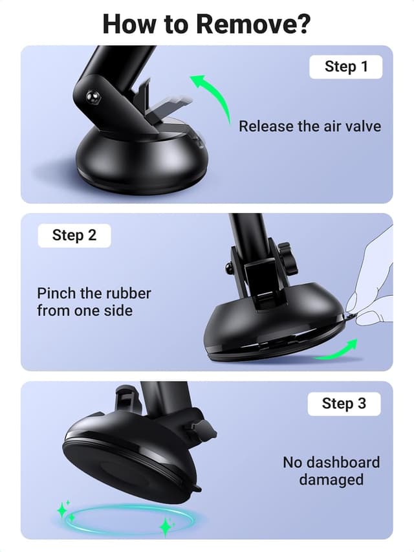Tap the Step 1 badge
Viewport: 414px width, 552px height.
[345, 67]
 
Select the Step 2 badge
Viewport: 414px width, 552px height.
[74, 235]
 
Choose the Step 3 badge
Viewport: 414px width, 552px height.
[343, 403]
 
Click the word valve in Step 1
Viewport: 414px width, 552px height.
[360, 126]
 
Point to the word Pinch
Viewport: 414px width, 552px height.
[55, 293]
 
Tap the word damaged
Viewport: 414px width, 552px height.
[331, 480]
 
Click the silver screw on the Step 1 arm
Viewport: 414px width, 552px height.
[93, 98]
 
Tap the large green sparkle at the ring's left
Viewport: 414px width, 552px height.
[63, 511]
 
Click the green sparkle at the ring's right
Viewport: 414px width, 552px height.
[166, 526]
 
